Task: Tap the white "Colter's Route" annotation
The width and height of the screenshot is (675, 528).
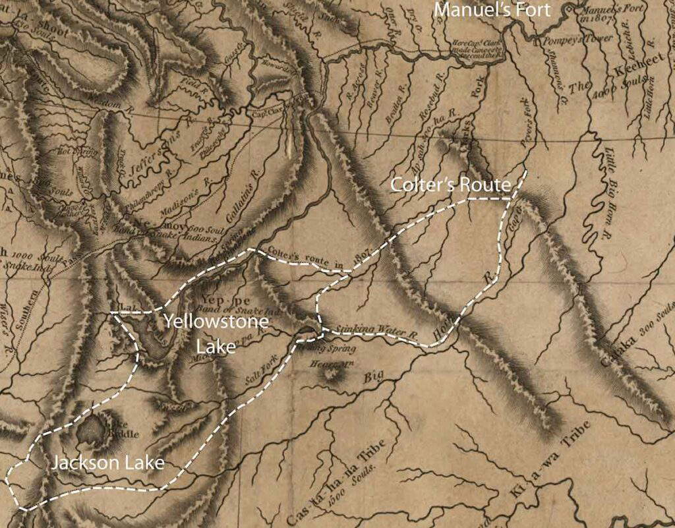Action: pyautogui.click(x=451, y=185)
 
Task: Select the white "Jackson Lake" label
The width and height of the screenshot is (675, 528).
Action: pyautogui.click(x=107, y=463)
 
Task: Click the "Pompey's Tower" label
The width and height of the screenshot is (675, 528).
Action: pyautogui.click(x=553, y=41)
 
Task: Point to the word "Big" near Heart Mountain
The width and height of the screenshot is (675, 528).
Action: pyautogui.click(x=374, y=378)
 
